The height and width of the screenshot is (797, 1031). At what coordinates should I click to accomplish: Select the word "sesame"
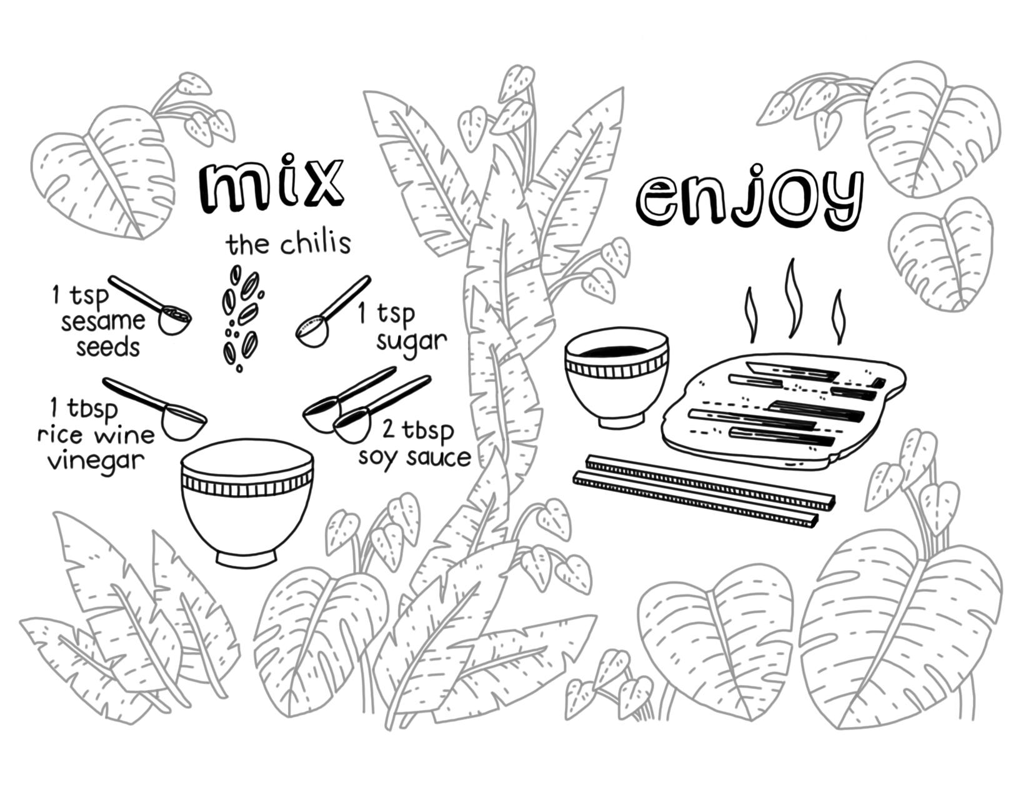click(x=103, y=321)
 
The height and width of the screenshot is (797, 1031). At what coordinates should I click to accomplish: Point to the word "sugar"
click(x=411, y=341)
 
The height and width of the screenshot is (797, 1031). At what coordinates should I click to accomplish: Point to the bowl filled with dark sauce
click(x=616, y=380)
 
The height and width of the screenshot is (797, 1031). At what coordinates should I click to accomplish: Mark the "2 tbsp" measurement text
click(x=418, y=431)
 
